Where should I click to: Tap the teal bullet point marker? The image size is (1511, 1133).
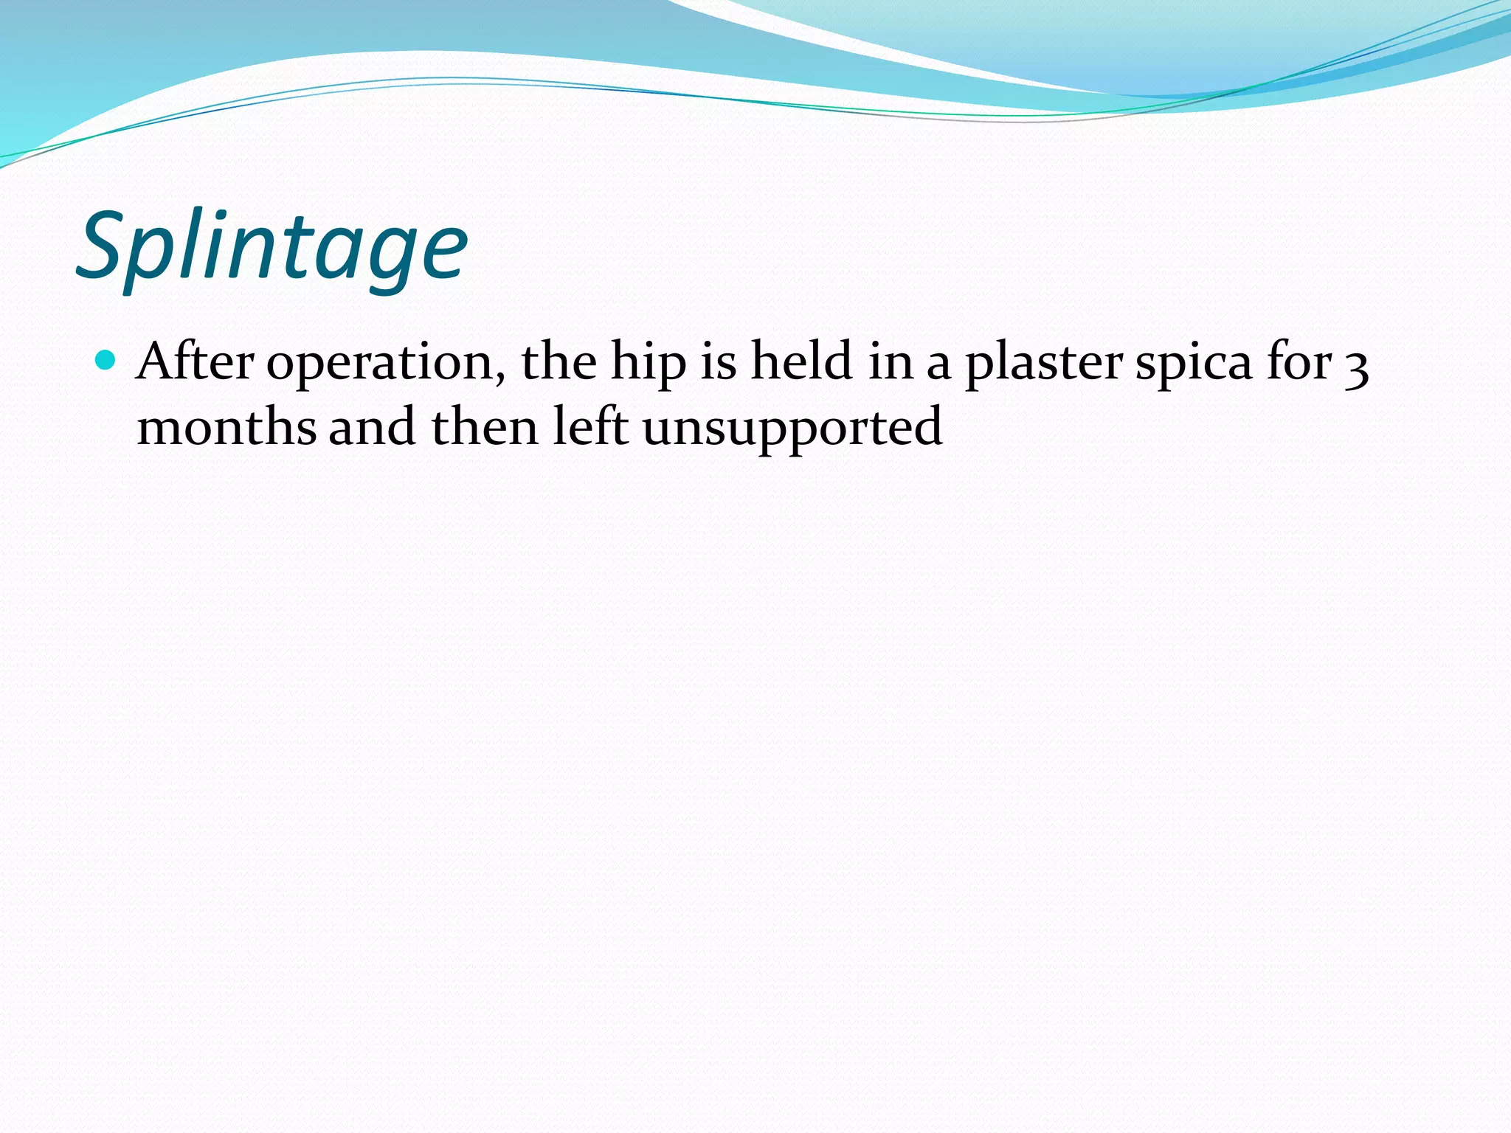tap(106, 360)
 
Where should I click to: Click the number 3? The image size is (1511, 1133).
tap(1356, 366)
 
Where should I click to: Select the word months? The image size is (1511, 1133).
tap(227, 428)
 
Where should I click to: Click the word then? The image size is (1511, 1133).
tap(485, 428)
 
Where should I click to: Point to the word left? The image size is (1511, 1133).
tap(590, 428)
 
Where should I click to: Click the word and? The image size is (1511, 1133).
tap(372, 428)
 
